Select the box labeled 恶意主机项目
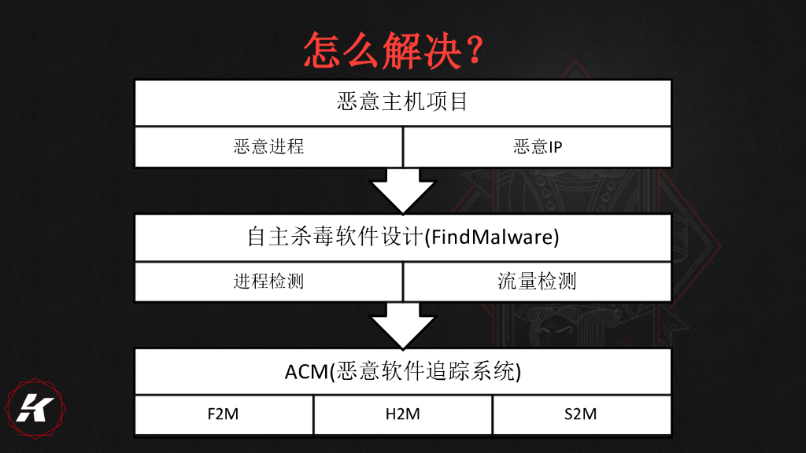(402, 102)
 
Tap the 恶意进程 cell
(268, 147)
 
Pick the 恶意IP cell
(538, 147)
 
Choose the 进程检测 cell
(268, 282)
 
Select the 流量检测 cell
(538, 282)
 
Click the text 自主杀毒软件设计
(335, 238)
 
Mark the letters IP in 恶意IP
(555, 147)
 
